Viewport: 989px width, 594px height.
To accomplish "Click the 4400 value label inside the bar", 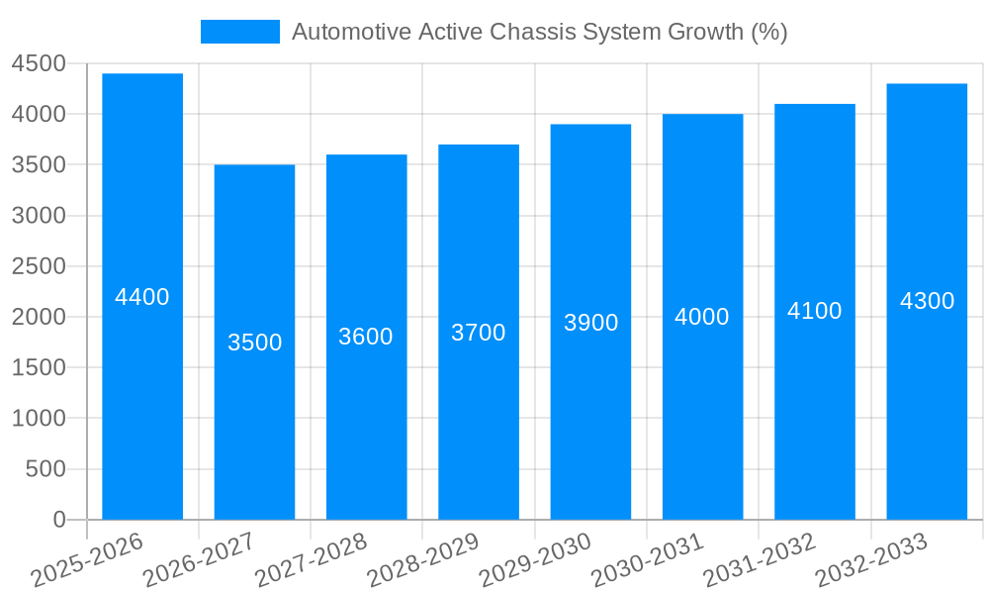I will tap(142, 297).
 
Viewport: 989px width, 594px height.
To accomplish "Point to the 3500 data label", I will tap(255, 343).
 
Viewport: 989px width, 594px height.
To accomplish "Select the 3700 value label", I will tap(479, 333).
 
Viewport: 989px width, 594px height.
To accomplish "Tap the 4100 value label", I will tap(815, 311).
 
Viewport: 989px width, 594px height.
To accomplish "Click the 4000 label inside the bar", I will tap(702, 317).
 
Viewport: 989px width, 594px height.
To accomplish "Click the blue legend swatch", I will tap(240, 32).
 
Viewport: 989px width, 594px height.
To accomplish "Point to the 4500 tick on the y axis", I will tap(39, 64).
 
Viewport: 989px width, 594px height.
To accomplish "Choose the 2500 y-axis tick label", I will tap(39, 266).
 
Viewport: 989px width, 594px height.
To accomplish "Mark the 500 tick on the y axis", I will tap(46, 469).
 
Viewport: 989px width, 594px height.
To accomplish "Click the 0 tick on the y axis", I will tap(58, 520).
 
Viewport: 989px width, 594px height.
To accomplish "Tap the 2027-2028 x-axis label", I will tap(312, 559).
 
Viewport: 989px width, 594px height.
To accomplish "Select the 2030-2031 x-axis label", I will tap(648, 559).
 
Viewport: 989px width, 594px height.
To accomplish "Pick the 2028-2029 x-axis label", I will tap(423, 559).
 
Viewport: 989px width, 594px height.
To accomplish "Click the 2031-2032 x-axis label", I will tap(760, 559).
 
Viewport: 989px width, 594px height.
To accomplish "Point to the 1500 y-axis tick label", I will tap(39, 368).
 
